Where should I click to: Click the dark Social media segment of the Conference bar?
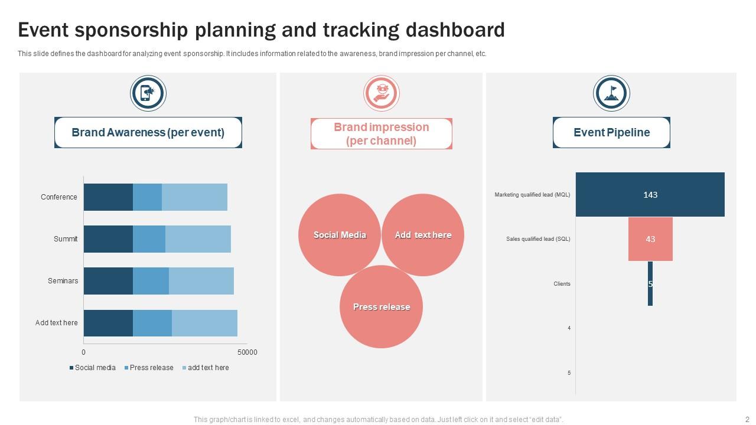(108, 197)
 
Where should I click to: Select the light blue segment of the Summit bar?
(198, 239)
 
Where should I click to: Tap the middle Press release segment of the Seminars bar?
(151, 281)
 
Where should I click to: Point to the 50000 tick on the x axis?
(247, 352)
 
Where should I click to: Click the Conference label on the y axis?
(59, 197)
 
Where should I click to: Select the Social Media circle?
(340, 235)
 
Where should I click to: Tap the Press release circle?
(381, 307)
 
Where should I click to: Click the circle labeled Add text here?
(423, 235)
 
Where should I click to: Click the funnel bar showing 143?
(650, 195)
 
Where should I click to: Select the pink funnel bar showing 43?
(650, 239)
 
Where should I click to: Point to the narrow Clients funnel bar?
(650, 284)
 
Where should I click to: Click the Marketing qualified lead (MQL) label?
(532, 195)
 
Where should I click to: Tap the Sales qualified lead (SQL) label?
(538, 239)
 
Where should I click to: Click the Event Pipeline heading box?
(611, 133)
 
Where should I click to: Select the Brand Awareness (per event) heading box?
(148, 133)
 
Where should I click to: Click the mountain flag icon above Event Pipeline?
(611, 93)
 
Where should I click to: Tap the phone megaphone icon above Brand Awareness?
(148, 93)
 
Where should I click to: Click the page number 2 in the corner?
(747, 420)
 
